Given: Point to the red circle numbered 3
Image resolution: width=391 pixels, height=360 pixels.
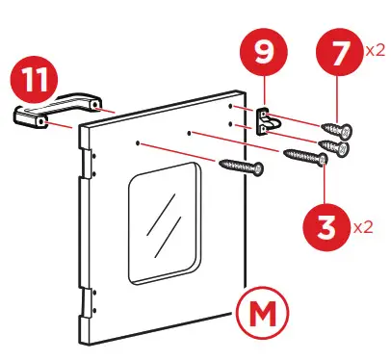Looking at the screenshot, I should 328,229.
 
